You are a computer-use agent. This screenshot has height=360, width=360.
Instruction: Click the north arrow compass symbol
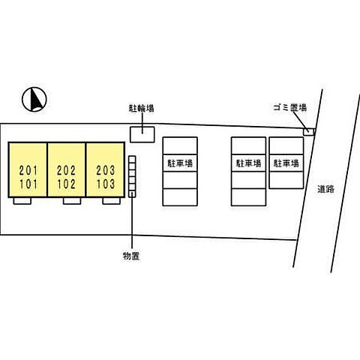pos(34,99)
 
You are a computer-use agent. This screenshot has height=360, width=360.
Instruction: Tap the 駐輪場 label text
pos(141,108)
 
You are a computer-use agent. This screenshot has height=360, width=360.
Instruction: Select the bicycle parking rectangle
pos(142,134)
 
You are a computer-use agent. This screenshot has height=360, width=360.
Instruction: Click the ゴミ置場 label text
pos(289,108)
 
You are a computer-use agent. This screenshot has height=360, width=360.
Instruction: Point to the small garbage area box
pos(308,132)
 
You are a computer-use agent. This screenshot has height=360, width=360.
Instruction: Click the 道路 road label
pos(325,189)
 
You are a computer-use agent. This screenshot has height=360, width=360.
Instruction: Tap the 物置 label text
pos(131,256)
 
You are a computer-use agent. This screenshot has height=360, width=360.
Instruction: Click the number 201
pos(28,171)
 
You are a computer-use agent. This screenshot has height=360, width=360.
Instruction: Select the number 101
pos(28,184)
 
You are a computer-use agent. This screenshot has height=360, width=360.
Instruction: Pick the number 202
pos(66,171)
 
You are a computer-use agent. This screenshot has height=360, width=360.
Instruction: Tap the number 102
pos(66,184)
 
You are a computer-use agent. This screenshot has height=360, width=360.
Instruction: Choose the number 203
pos(106,170)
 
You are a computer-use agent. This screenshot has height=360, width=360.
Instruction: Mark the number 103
pos(106,184)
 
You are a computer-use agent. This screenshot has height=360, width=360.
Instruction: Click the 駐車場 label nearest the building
pos(180,163)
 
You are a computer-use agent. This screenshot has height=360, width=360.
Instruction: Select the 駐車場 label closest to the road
pos(286,163)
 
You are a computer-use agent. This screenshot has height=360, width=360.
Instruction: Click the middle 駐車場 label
pos(248,163)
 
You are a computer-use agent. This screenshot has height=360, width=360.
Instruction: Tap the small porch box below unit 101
pos(22,201)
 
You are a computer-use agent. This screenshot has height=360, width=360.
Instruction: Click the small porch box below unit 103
pos(112,201)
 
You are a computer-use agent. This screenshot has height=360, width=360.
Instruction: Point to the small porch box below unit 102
pos(72,201)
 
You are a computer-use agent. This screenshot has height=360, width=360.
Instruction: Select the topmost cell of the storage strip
pos(132,159)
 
